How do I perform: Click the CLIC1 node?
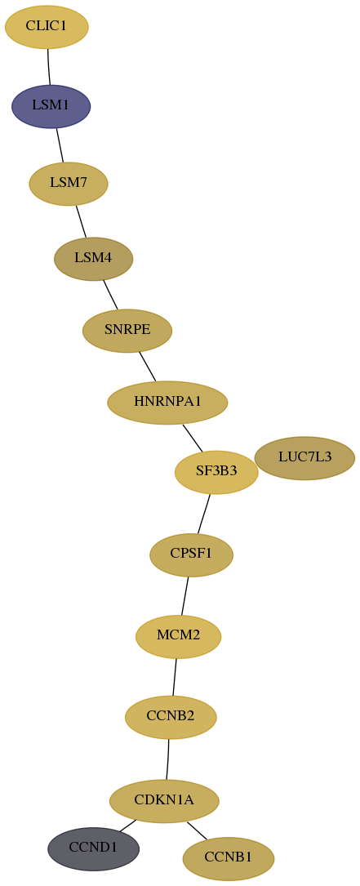tap(47, 27)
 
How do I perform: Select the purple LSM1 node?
tap(51, 106)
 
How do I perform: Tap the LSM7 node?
tap(69, 184)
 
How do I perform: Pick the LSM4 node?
tap(93, 259)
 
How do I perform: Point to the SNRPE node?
tap(127, 331)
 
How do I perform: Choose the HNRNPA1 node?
tap(167, 403)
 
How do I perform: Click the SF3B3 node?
tap(216, 472)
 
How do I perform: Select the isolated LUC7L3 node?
tap(304, 457)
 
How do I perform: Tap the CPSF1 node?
tap(191, 555)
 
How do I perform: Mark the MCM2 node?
tap(178, 636)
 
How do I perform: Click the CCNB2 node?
tap(171, 717)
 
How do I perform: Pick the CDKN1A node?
tap(164, 801)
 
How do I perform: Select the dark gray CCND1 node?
tap(93, 848)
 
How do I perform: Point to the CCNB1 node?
tap(229, 858)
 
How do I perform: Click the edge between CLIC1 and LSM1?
tap(49, 67)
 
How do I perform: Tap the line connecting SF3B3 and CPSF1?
tap(204, 514)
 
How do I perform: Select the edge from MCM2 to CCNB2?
tap(175, 677)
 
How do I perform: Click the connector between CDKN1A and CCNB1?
tap(197, 830)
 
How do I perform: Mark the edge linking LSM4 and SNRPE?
tap(110, 295)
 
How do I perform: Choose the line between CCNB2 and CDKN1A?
tap(168, 759)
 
